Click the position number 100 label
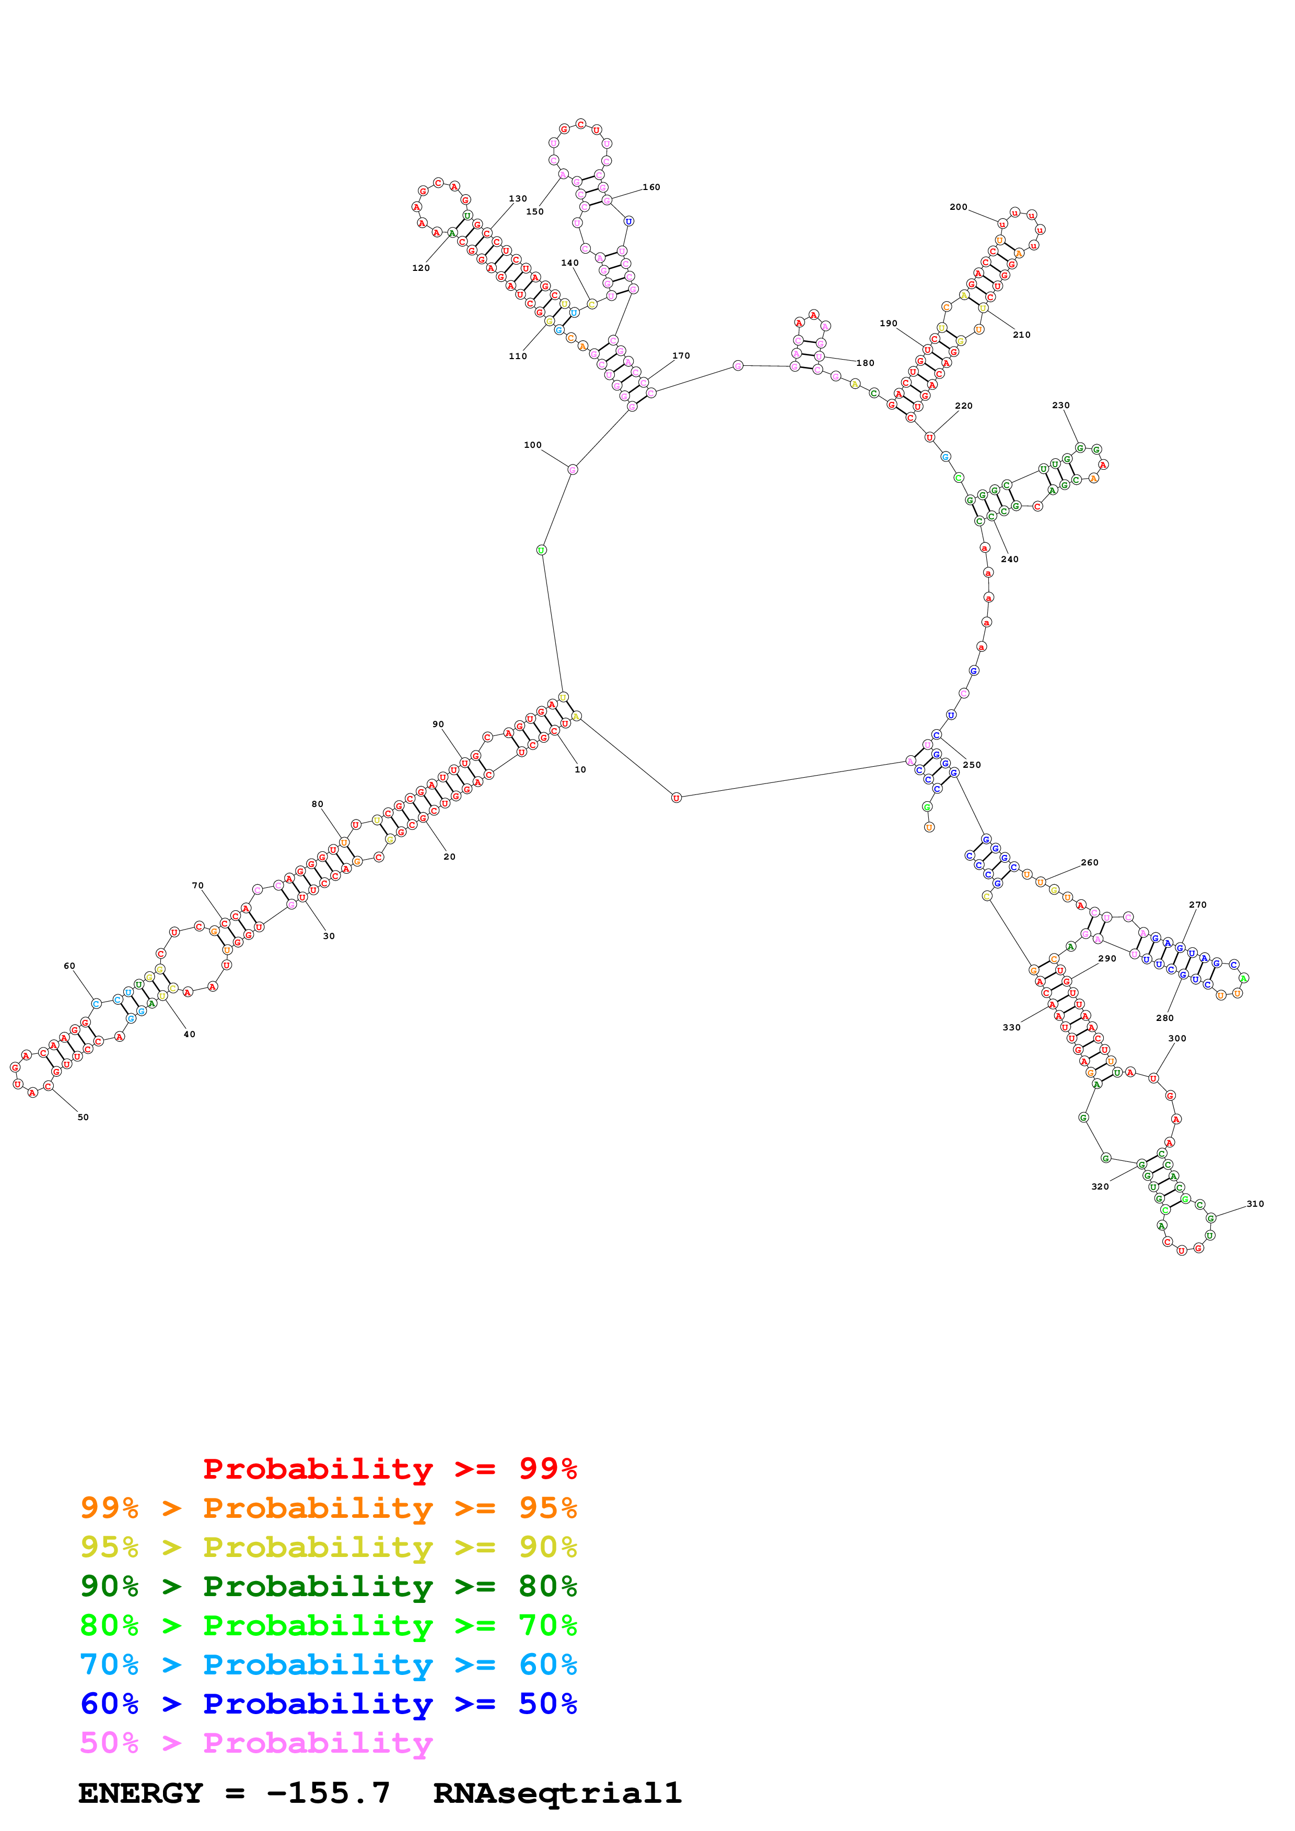point(532,445)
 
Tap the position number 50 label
point(83,1117)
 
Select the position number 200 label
point(958,207)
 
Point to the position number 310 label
point(1255,1204)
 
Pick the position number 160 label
point(651,187)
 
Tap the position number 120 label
point(421,268)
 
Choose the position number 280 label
point(1165,1018)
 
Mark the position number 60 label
point(69,966)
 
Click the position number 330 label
point(1011,1028)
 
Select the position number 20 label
point(449,857)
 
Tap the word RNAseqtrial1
point(557,1793)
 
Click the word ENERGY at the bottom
point(141,1793)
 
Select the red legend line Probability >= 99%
point(389,1469)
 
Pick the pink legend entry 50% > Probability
point(255,1743)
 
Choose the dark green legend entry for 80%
point(328,1586)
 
